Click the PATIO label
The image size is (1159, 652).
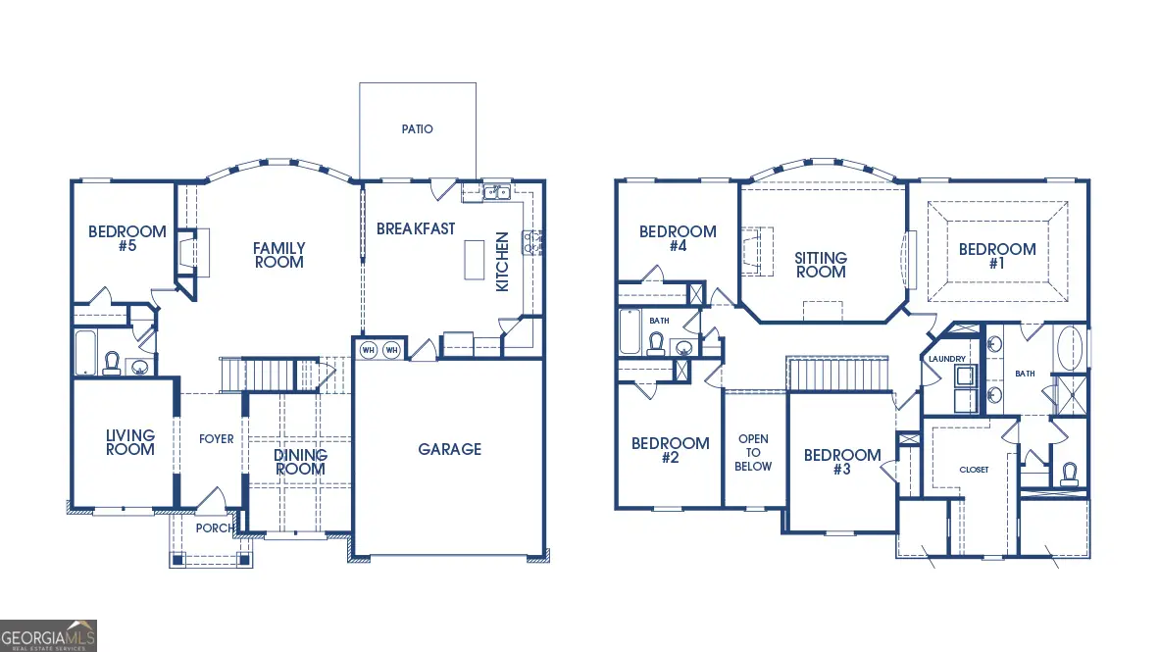click(x=417, y=129)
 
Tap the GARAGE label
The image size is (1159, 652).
click(x=450, y=449)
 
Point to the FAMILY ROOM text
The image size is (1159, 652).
click(x=279, y=255)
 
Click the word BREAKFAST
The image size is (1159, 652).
click(x=416, y=228)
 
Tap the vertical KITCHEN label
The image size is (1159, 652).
click(x=502, y=261)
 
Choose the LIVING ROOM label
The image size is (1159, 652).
click(x=130, y=442)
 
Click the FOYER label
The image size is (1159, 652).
click(x=217, y=438)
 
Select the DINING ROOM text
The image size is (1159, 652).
click(x=300, y=462)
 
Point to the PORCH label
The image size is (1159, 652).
click(x=215, y=527)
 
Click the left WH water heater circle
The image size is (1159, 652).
click(x=369, y=349)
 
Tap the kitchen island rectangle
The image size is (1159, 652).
click(x=476, y=259)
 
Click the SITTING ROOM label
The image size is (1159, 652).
click(x=821, y=265)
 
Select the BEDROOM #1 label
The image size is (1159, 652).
click(x=997, y=256)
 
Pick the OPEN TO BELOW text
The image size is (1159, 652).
click(x=753, y=452)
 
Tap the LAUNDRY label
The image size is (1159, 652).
click(x=948, y=359)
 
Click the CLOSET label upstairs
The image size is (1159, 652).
click(x=974, y=470)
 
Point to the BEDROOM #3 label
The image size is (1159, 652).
click(x=842, y=462)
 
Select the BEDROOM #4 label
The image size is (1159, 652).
click(x=678, y=238)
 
